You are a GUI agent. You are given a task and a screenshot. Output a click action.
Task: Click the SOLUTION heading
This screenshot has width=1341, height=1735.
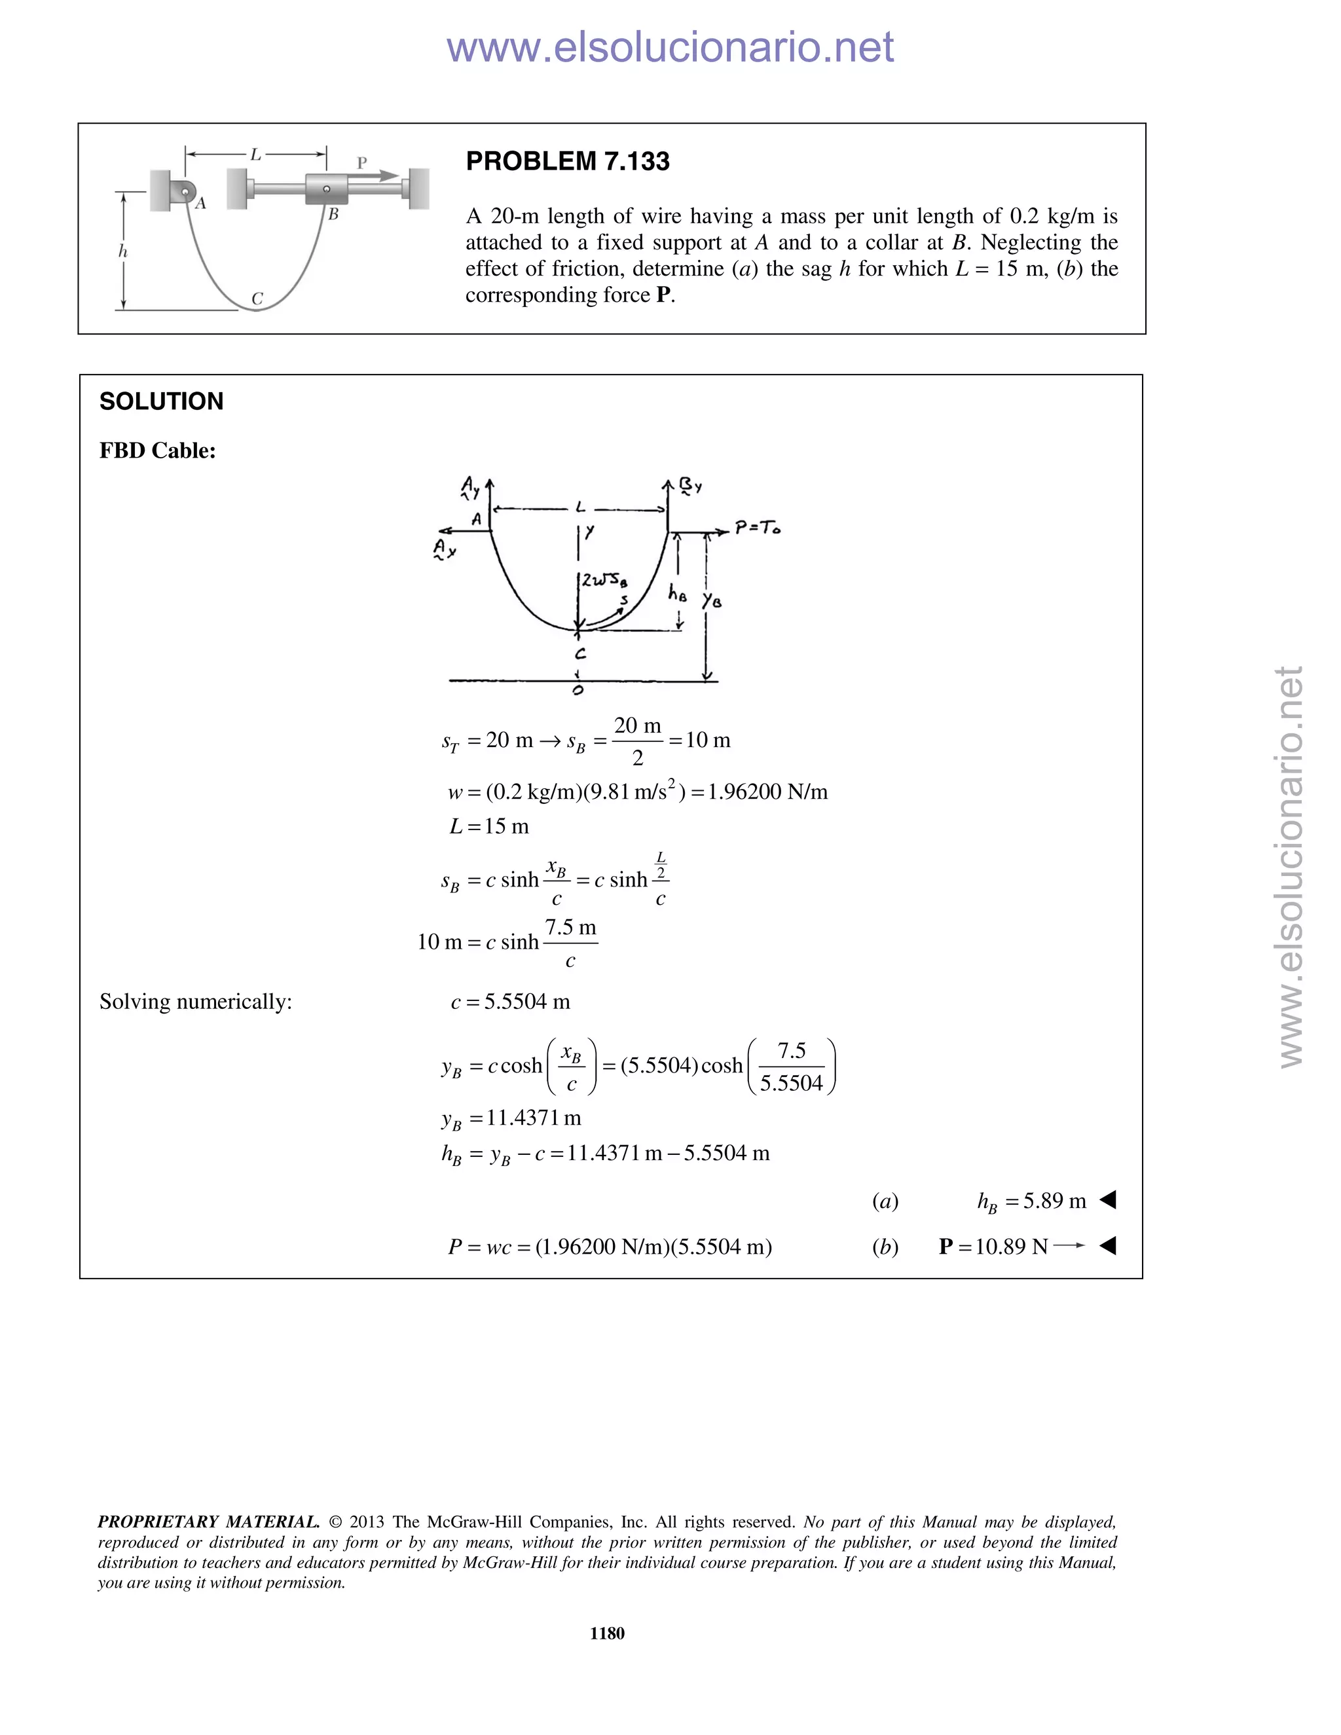(x=161, y=401)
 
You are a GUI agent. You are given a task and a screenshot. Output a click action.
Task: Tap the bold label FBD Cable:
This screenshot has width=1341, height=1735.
(x=157, y=450)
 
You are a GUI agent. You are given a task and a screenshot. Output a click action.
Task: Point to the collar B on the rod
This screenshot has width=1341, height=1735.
(x=327, y=189)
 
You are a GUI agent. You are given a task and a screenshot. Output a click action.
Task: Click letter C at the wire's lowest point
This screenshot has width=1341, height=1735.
(x=257, y=299)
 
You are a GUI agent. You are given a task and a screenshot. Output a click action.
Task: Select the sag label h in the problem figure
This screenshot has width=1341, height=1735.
(x=122, y=251)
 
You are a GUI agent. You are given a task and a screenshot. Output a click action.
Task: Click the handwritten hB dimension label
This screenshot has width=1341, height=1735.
(x=677, y=593)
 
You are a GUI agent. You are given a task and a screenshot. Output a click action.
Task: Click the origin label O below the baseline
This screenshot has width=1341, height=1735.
(x=578, y=690)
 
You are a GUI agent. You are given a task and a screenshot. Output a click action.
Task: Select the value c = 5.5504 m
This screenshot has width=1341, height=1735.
(x=510, y=1002)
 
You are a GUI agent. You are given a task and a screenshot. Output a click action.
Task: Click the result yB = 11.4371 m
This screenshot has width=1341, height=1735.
(x=511, y=1118)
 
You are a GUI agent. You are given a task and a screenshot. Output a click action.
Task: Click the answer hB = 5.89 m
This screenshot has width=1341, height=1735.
(x=1031, y=1201)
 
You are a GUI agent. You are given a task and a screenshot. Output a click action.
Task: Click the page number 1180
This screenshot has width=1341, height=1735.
(x=607, y=1634)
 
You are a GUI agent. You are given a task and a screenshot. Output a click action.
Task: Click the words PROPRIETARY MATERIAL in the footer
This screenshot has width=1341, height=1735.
(x=208, y=1522)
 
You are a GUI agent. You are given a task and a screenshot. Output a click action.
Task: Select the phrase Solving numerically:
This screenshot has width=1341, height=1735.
(x=195, y=1002)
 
